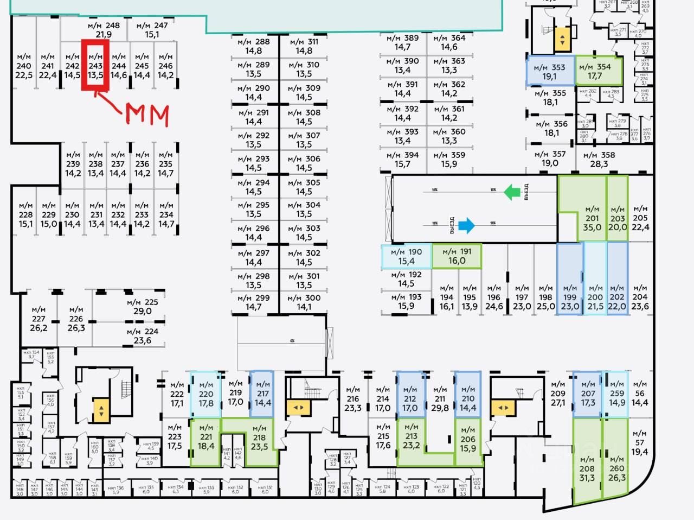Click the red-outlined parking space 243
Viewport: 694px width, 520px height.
click(x=95, y=65)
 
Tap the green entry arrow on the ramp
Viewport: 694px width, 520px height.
click(x=512, y=192)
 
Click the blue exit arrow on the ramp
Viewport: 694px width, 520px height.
click(x=466, y=225)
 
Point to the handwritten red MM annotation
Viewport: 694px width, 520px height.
click(x=147, y=115)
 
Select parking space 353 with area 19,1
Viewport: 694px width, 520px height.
click(x=550, y=71)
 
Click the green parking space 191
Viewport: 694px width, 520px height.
click(x=457, y=256)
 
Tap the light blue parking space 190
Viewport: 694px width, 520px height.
click(x=406, y=256)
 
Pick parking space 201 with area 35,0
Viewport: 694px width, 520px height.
click(x=592, y=218)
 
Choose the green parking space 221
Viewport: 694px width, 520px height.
click(x=206, y=442)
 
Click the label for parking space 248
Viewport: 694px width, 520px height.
click(x=104, y=30)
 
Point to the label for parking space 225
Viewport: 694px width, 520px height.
click(x=143, y=307)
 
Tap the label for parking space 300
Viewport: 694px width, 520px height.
click(x=304, y=302)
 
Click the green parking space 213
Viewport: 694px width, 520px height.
click(x=411, y=441)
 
